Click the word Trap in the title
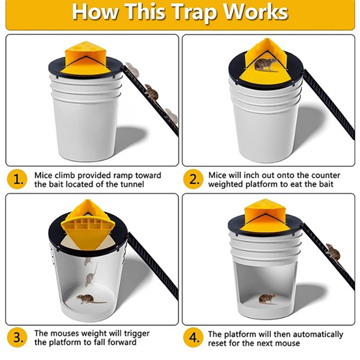click(x=194, y=13)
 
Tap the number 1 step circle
click(x=18, y=180)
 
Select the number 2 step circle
click(x=194, y=180)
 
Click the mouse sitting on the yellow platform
click(x=265, y=65)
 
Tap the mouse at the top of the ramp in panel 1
click(x=132, y=70)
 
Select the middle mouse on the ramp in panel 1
click(x=152, y=92)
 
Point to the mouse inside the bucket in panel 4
click(x=268, y=298)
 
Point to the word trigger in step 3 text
click(x=136, y=333)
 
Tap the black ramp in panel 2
click(x=328, y=104)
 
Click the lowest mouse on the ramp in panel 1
click(x=171, y=116)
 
